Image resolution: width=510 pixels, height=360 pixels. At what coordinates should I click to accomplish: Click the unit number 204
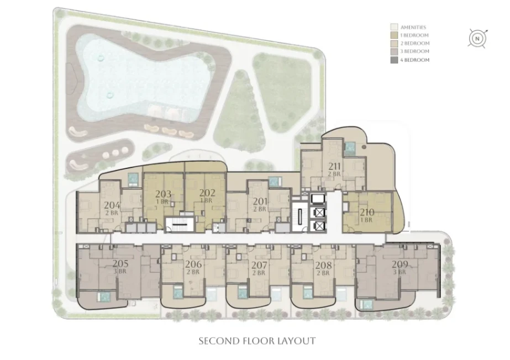112,205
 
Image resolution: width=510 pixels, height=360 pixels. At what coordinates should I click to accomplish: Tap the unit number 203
163,194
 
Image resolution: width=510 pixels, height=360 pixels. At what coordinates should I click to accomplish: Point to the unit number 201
260,202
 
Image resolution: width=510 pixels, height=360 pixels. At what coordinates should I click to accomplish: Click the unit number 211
334,166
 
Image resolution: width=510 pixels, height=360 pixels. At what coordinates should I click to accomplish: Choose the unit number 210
367,212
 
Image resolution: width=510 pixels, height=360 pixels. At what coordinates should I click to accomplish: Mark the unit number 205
120,263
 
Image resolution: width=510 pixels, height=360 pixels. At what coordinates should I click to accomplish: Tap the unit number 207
259,266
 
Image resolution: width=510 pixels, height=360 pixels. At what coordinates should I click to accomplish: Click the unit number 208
324,266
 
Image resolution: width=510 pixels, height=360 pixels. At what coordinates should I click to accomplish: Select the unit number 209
399,264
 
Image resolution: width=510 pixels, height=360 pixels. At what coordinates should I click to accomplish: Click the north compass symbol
477,39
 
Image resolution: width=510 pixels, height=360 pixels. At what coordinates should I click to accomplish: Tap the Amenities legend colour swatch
394,27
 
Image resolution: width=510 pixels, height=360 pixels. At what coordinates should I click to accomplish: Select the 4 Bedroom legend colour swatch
394,60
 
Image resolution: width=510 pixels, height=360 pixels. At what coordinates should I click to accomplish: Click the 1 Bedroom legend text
414,35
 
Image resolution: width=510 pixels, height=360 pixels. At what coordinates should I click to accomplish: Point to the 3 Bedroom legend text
415,51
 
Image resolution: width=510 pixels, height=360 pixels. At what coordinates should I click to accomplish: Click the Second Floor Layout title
257,341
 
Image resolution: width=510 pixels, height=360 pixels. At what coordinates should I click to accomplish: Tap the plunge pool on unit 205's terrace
104,297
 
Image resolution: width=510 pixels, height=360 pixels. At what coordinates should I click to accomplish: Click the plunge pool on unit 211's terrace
350,149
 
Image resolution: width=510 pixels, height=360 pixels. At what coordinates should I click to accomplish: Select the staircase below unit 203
177,225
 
